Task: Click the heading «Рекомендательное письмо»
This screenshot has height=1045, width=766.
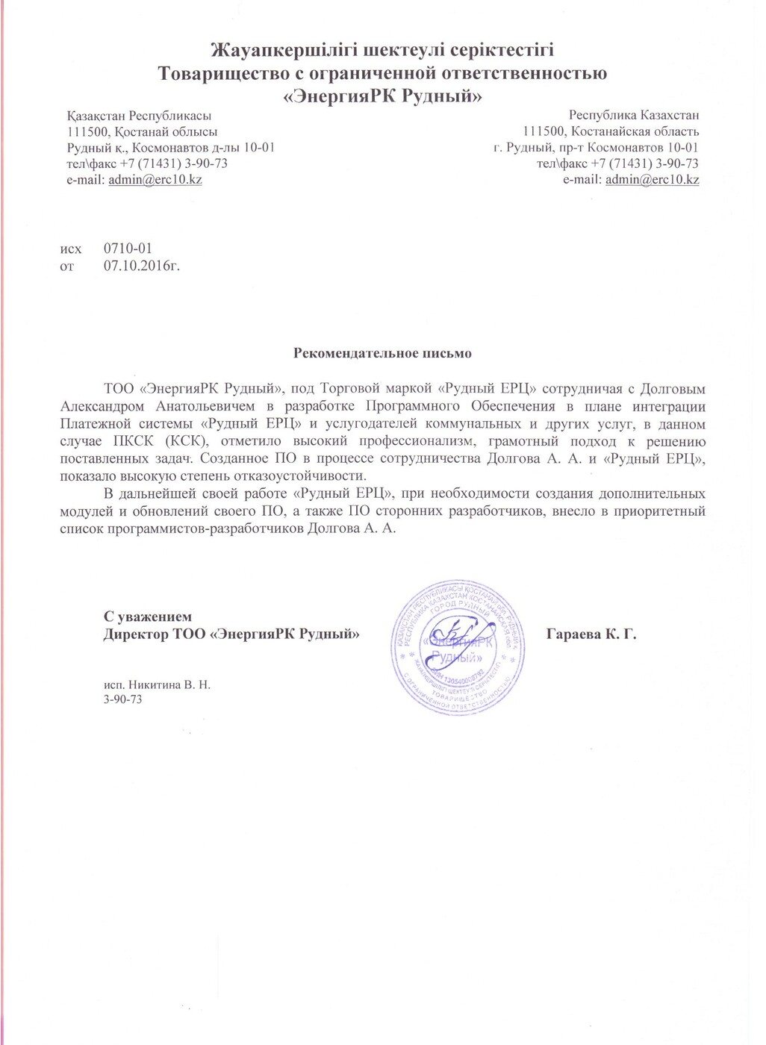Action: tap(382, 352)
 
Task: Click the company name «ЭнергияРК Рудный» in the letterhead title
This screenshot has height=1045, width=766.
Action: tap(382, 96)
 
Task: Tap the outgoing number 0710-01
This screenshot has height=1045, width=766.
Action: tap(128, 249)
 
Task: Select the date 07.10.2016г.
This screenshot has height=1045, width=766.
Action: tap(141, 265)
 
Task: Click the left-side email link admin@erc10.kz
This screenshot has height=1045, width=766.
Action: tap(155, 180)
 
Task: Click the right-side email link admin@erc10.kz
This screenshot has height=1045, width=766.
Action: tap(652, 180)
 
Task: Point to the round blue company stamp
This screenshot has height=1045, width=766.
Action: tap(456, 646)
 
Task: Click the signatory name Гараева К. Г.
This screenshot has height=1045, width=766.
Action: tap(591, 635)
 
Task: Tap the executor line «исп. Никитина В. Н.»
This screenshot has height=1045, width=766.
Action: tap(157, 684)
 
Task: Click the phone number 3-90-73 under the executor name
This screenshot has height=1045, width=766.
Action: tap(122, 699)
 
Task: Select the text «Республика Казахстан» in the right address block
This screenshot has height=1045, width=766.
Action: tap(634, 116)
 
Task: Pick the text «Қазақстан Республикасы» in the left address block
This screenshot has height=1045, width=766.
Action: tap(139, 116)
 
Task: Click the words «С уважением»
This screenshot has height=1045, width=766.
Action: tap(147, 617)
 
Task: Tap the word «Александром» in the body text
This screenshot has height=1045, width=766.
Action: tap(105, 407)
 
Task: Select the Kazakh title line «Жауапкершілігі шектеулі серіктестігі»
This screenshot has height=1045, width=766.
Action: tap(382, 51)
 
